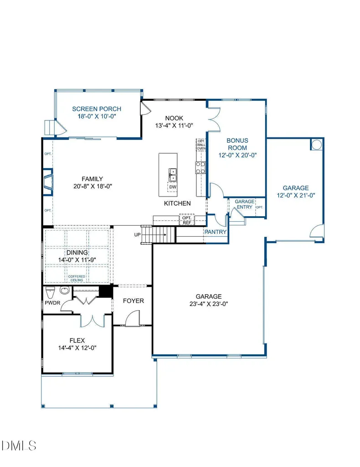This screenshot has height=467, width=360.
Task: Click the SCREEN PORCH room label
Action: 97,109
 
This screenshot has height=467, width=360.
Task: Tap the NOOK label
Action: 174,118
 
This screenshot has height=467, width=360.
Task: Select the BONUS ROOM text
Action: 237,144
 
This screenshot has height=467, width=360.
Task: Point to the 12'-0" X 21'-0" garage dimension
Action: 296,195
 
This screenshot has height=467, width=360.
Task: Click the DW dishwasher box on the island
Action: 173,187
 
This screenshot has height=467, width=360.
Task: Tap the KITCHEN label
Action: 177,203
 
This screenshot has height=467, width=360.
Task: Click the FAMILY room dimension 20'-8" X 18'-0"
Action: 93,187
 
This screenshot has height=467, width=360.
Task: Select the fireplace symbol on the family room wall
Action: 48,182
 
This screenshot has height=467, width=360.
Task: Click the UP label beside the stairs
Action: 137,235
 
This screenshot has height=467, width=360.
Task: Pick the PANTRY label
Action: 216,232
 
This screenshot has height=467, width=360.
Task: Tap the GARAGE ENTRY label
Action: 245,204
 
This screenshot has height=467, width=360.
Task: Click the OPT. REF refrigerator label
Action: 187,220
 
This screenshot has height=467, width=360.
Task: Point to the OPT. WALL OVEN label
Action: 201,145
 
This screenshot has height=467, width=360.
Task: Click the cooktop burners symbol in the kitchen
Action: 200,167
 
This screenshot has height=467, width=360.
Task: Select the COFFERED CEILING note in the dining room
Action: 77,279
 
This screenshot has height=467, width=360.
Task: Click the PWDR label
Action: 52,303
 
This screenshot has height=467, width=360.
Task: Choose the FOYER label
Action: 133,301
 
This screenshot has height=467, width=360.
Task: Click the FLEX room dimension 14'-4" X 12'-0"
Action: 77,348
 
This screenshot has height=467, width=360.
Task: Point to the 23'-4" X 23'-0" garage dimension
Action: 209,304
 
